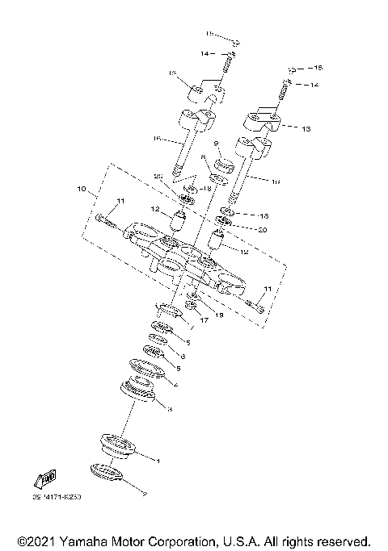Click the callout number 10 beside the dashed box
point(81,190)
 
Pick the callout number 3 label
point(169,410)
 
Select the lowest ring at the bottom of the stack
point(107,473)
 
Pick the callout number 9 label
point(217,146)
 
